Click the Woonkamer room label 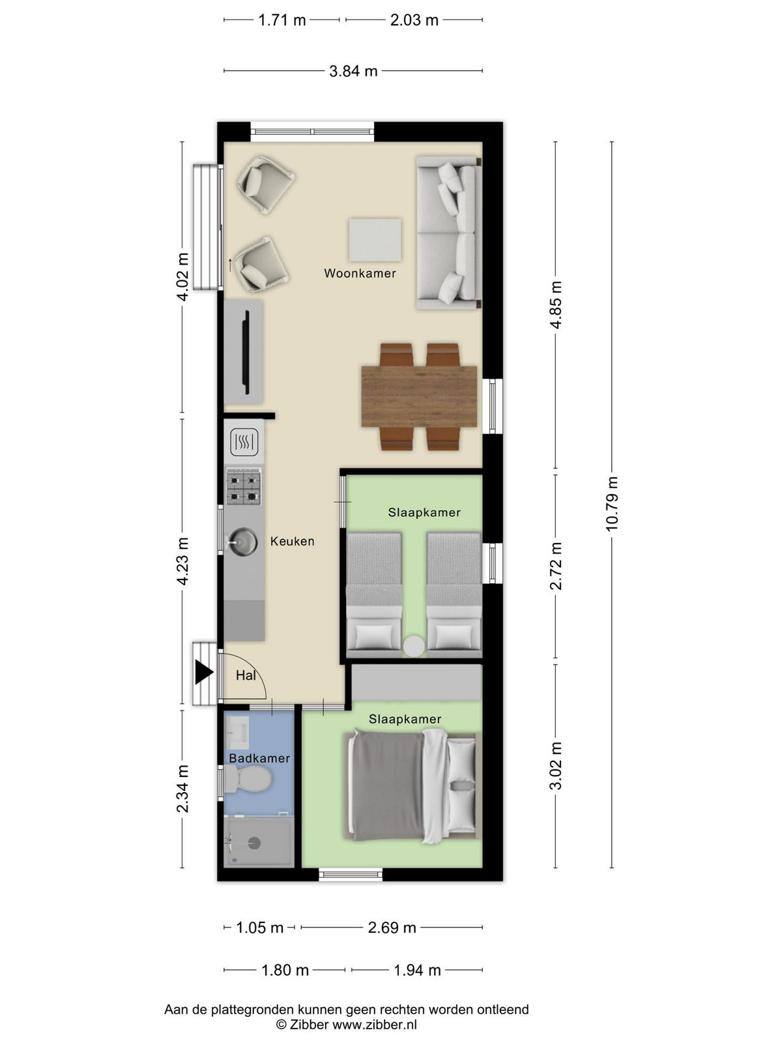(x=360, y=273)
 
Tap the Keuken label (x=292, y=541)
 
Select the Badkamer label (x=259, y=758)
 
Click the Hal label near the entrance (x=246, y=675)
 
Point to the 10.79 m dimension (x=611, y=504)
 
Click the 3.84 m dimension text (x=353, y=71)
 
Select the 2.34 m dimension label (x=182, y=788)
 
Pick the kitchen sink (x=243, y=542)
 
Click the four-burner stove (x=244, y=486)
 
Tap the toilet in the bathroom (x=248, y=778)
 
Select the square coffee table (x=375, y=240)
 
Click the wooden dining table (x=419, y=397)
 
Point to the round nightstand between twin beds (x=414, y=646)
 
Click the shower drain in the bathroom (x=255, y=843)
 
